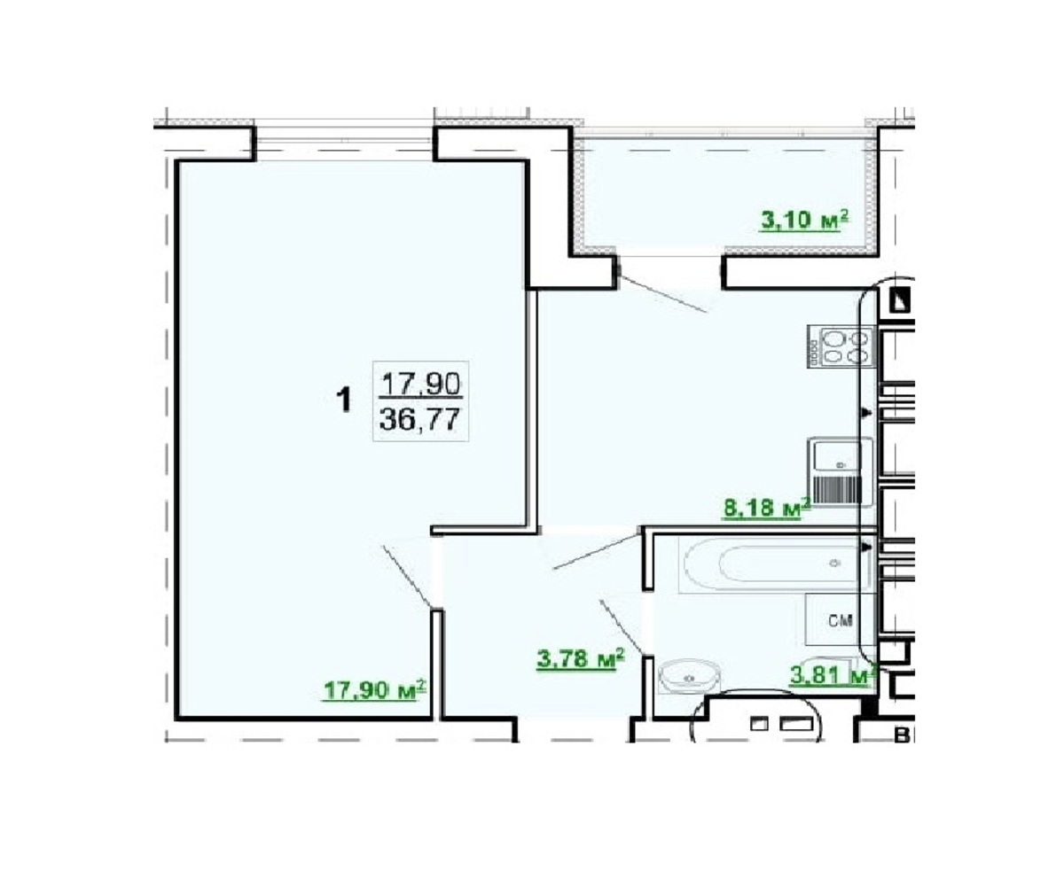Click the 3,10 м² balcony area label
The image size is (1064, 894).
click(x=804, y=221)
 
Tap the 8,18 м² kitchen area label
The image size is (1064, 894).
click(x=767, y=508)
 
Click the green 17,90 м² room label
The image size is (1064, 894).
click(x=374, y=690)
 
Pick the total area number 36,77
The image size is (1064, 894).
click(x=420, y=420)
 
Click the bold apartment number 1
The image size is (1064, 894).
click(x=345, y=399)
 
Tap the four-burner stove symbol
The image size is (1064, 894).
click(x=841, y=346)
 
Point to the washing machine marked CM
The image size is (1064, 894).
click(x=840, y=620)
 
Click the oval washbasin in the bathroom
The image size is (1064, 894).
click(x=689, y=678)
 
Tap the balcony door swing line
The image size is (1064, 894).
click(x=662, y=292)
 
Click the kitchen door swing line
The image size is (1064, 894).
click(x=597, y=551)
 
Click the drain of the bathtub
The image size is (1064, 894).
click(x=834, y=564)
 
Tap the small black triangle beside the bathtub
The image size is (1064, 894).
click(x=865, y=548)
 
